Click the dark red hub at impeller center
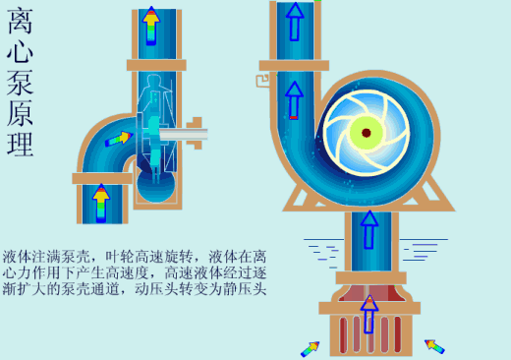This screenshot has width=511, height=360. point(366,132)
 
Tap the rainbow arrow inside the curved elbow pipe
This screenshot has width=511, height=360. point(118,139)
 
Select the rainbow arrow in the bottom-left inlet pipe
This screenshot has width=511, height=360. point(100,203)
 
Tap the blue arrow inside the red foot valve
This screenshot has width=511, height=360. point(369,314)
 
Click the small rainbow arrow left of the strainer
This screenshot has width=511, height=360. point(311,347)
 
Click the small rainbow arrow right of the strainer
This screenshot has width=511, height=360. point(433,345)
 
